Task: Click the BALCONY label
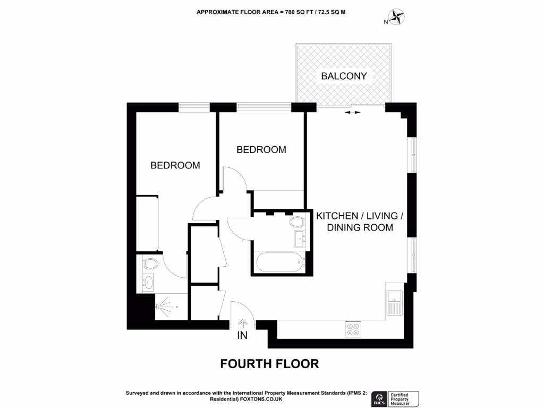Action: [x=344, y=76]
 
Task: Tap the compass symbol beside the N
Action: [x=396, y=18]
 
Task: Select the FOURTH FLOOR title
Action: [x=269, y=364]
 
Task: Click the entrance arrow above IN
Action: [x=243, y=323]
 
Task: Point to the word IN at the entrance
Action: [x=243, y=336]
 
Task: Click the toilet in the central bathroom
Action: [x=297, y=222]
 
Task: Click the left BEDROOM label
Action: [x=175, y=165]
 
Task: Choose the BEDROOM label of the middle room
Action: [x=261, y=150]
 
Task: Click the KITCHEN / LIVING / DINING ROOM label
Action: [x=360, y=222]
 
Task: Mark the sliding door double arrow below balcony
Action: [x=352, y=113]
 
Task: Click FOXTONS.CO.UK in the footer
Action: [x=260, y=399]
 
